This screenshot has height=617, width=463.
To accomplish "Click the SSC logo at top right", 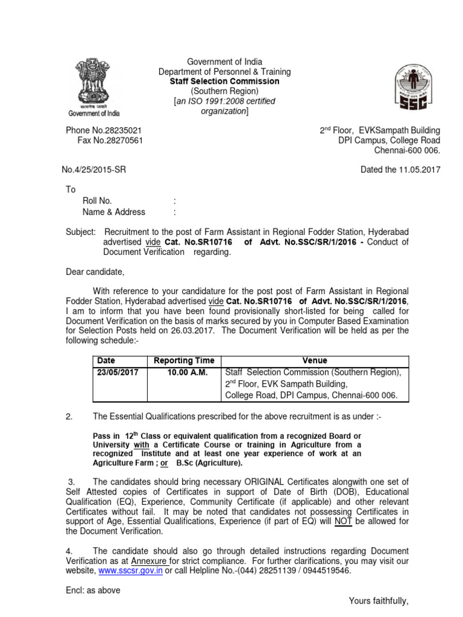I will [x=413, y=87].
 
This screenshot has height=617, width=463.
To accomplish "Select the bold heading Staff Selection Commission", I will [x=224, y=81].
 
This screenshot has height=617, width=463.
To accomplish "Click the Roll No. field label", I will [x=97, y=201].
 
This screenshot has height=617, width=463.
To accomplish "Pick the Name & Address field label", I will [x=113, y=211].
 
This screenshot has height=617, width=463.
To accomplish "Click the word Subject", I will [x=80, y=231].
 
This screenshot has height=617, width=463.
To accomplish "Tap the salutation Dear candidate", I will [x=95, y=272].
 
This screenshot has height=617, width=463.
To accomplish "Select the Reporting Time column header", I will [x=184, y=360].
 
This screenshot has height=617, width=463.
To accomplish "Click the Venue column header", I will [x=315, y=360].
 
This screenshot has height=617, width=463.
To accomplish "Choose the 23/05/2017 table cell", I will [x=118, y=372].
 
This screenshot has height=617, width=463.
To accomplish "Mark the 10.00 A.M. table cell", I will [x=187, y=372].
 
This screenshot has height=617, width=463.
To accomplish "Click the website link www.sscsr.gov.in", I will [x=131, y=571].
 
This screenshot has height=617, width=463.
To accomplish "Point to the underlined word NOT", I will [x=344, y=521].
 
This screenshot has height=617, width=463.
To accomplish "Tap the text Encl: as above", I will [x=93, y=590].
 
